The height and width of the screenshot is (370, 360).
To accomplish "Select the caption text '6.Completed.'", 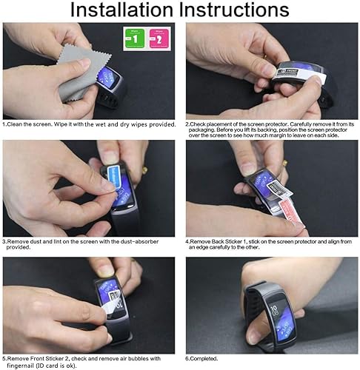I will point(202,358).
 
